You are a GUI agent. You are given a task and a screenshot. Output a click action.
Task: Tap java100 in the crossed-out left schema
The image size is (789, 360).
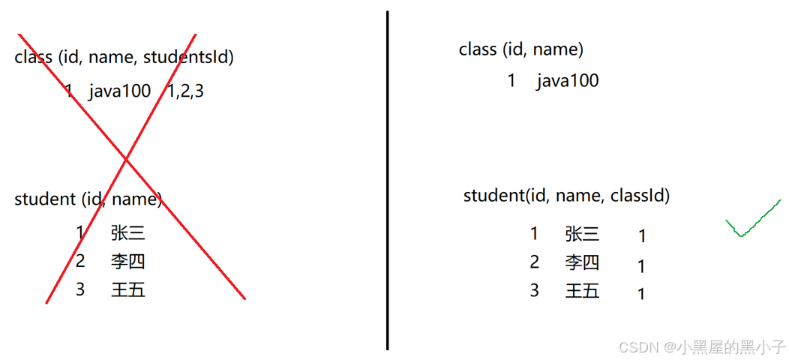119,92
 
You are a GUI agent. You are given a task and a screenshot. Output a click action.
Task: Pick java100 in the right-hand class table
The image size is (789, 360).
567,81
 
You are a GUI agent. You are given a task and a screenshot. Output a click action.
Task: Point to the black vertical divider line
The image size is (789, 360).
387,180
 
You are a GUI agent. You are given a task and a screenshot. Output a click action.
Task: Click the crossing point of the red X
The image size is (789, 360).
125,159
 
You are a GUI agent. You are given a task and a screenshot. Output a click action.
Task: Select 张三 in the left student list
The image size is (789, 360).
127,233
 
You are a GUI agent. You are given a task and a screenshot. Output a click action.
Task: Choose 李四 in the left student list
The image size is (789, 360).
127,262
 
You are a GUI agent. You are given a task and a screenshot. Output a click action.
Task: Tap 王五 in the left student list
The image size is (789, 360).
127,289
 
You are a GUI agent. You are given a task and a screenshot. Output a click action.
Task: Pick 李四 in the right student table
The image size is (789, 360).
582,262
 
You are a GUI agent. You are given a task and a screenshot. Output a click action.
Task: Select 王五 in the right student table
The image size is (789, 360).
582,291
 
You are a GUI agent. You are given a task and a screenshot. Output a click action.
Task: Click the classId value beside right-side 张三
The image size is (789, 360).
642,236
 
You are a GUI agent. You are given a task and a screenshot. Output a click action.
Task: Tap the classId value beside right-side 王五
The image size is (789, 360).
641,294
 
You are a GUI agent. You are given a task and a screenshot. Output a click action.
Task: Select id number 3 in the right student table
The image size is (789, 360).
534,291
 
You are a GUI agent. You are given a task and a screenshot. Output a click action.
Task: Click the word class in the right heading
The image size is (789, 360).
478,50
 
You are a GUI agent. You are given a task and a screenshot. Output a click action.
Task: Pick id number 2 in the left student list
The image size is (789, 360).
80,261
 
